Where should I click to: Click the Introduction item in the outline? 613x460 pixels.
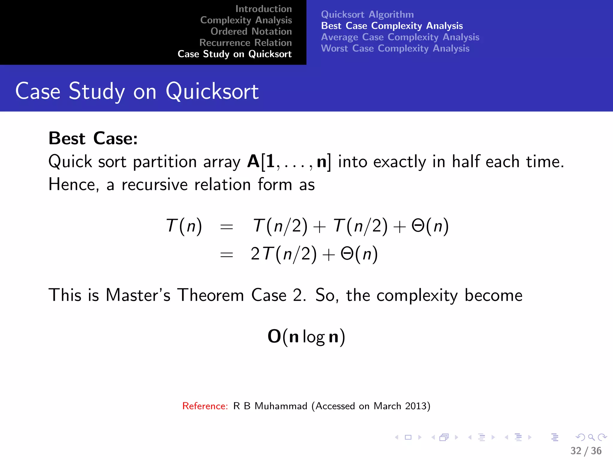pyautogui.click(x=263, y=9)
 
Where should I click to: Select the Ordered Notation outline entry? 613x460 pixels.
pyautogui.click(x=251, y=31)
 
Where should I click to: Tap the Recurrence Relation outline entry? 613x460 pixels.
pyautogui.click(x=245, y=43)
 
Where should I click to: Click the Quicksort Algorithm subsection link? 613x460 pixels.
pyautogui.click(x=367, y=14)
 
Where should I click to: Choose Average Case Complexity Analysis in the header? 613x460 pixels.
pyautogui.click(x=400, y=37)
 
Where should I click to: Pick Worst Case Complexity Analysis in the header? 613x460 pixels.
pyautogui.click(x=395, y=49)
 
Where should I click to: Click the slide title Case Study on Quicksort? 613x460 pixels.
pyautogui.click(x=137, y=91)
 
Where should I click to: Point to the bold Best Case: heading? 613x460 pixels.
pyautogui.click(x=93, y=138)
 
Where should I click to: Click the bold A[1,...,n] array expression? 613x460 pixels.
pyautogui.click(x=289, y=162)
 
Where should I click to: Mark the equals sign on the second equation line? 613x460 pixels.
pyautogui.click(x=226, y=255)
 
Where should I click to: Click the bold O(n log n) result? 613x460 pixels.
pyautogui.click(x=306, y=337)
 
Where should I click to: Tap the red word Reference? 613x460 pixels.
pyautogui.click(x=205, y=406)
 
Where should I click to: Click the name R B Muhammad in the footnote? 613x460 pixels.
pyautogui.click(x=270, y=406)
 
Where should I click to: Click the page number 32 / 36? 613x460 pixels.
pyautogui.click(x=586, y=451)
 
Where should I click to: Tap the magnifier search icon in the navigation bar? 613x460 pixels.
pyautogui.click(x=591, y=437)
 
